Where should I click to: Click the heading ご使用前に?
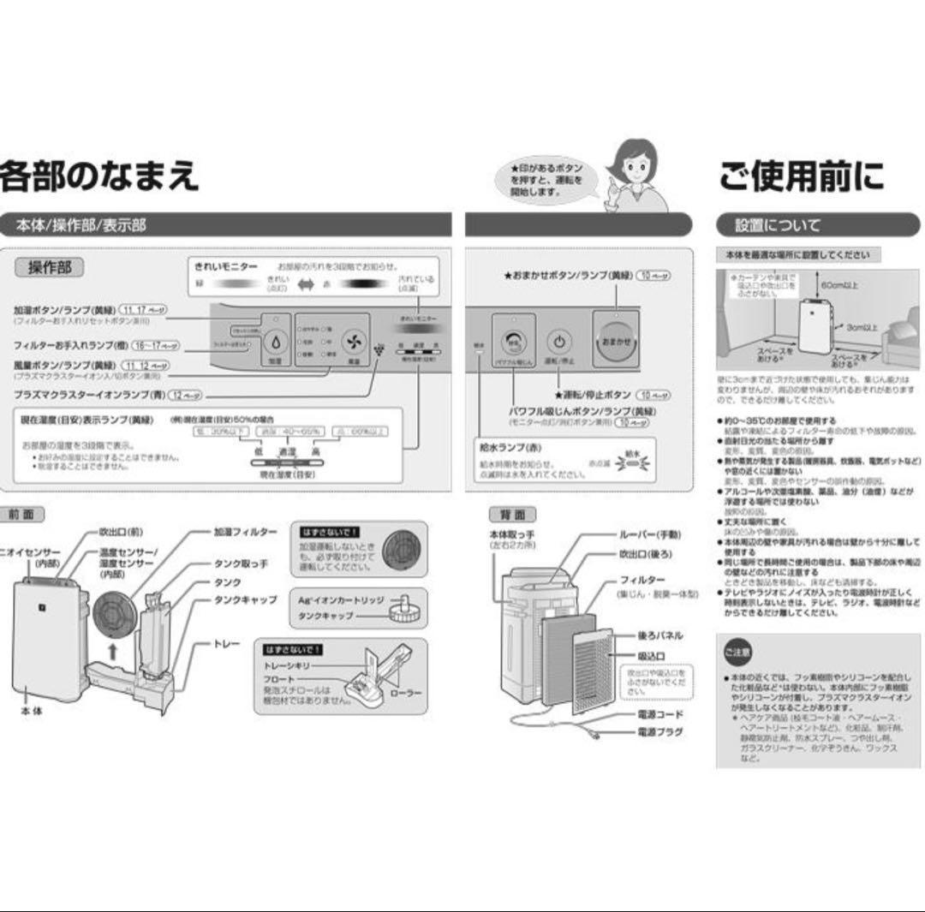(x=802, y=176)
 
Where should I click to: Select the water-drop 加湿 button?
(x=276, y=342)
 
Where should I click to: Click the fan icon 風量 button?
(x=352, y=342)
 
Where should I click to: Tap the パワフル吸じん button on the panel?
(x=514, y=341)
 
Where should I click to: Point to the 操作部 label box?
(x=51, y=267)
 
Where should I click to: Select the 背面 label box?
(x=512, y=515)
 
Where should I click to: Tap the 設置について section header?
(x=778, y=225)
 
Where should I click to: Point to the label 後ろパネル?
(x=659, y=636)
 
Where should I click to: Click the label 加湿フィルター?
(x=245, y=532)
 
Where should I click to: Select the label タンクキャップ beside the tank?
(x=245, y=599)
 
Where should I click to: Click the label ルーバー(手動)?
(x=650, y=534)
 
